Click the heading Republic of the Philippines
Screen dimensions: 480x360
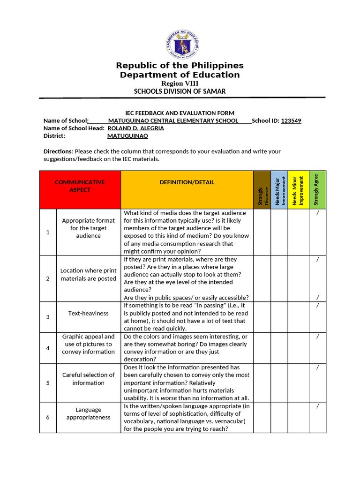pos(180,65)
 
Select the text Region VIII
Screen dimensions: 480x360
pos(180,83)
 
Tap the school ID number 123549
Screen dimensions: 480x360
pos(291,120)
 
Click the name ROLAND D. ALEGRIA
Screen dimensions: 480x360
pos(136,128)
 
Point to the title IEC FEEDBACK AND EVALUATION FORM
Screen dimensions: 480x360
pos(180,113)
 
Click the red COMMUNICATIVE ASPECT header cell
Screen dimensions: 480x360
pos(80,186)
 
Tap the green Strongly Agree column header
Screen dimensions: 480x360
pos(316,189)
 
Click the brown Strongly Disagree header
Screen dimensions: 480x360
pos(262,189)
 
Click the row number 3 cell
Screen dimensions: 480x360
pos(48,317)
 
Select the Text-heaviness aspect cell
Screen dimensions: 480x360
pos(88,313)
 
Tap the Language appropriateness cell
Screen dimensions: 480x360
pos(88,413)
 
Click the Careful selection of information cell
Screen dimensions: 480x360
pos(88,379)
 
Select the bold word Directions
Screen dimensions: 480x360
pos(58,151)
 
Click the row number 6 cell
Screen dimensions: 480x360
pos(48,417)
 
